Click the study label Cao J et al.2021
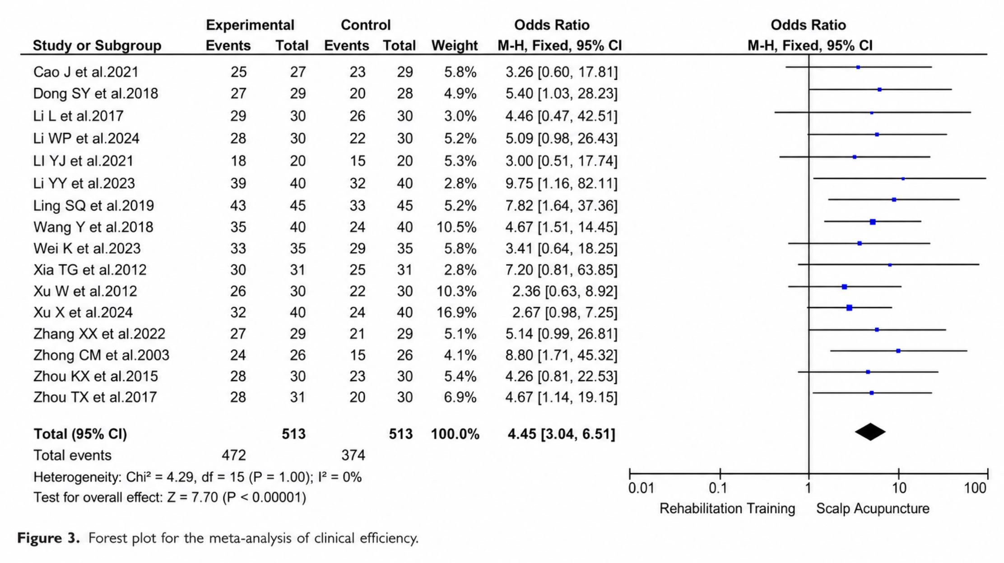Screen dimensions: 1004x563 tap(86, 72)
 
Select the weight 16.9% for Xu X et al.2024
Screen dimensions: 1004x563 tap(456, 312)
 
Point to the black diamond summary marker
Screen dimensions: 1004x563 tap(870, 432)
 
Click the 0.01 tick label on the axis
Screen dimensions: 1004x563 tap(641, 488)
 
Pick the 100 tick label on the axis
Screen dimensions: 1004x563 tap(975, 488)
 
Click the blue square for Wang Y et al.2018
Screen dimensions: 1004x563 tap(873, 222)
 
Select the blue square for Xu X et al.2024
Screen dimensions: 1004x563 tap(849, 308)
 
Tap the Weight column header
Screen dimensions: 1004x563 tap(454, 46)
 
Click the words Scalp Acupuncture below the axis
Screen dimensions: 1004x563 tap(873, 508)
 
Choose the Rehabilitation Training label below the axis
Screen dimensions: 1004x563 tap(727, 508)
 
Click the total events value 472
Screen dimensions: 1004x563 tap(234, 455)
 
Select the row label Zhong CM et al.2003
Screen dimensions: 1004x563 tap(101, 355)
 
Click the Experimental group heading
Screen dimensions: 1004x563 tap(250, 25)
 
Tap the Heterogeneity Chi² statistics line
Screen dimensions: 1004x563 tap(197, 477)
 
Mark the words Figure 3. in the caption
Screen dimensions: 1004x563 tap(49, 538)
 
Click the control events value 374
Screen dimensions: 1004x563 tap(353, 455)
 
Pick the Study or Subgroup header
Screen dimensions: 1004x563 tap(97, 46)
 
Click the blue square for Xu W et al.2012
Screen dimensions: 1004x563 tap(844, 287)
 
